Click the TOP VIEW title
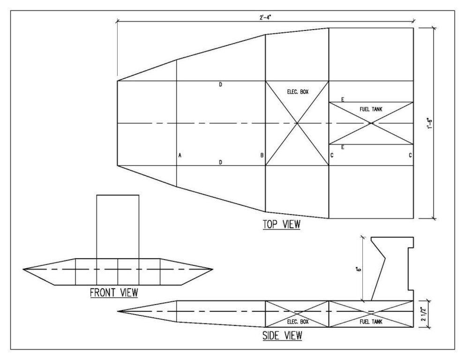(x=281, y=225)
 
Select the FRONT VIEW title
(x=114, y=293)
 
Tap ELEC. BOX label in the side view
(x=298, y=322)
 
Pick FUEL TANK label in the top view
(x=371, y=109)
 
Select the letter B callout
(x=262, y=155)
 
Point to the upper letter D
(x=220, y=84)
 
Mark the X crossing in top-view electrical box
(x=297, y=123)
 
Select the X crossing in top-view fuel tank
(x=371, y=123)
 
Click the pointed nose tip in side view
(x=118, y=311)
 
